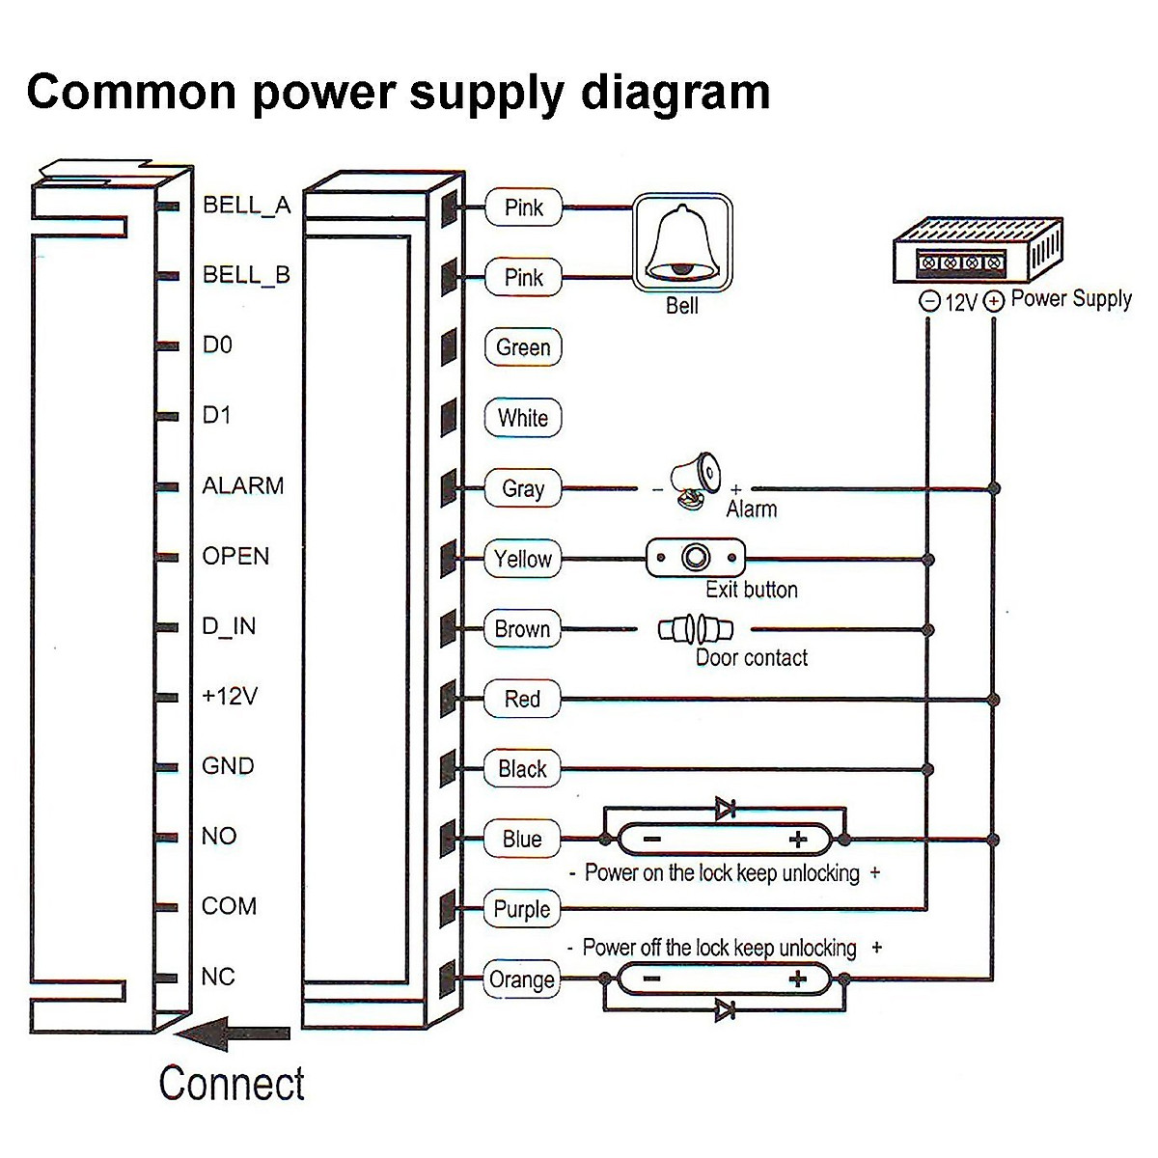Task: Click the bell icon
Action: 682,242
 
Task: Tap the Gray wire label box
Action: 522,488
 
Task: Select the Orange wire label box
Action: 522,979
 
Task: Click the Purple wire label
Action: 522,909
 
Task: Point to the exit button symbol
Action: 695,558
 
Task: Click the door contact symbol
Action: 695,630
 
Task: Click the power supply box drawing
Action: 976,250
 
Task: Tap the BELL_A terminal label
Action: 246,205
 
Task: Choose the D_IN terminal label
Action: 229,626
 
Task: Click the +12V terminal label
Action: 230,696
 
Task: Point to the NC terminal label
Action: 218,977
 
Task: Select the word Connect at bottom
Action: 232,1084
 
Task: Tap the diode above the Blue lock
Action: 726,808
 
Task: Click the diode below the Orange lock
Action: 726,1010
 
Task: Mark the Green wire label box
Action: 522,347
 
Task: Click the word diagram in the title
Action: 675,93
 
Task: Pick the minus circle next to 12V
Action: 929,302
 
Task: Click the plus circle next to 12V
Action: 994,302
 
